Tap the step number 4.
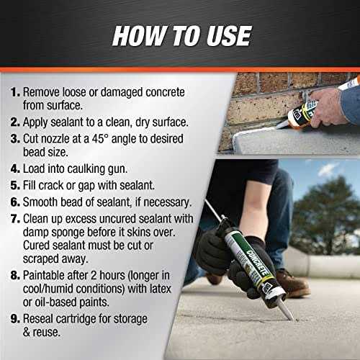point(14,170)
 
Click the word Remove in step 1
point(42,93)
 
